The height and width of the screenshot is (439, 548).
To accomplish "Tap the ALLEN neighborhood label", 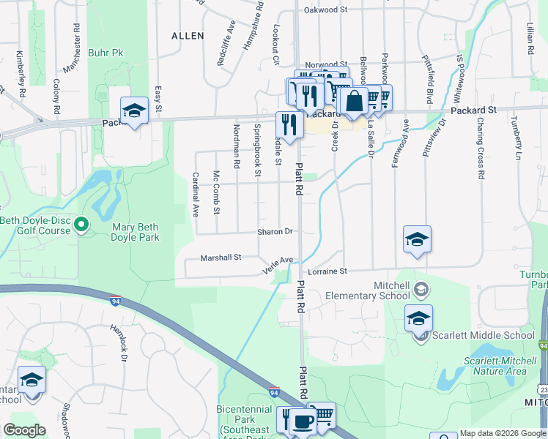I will [187, 35].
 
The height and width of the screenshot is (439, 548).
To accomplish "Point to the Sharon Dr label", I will [275, 232].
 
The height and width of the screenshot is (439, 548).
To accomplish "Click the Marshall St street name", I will [221, 258].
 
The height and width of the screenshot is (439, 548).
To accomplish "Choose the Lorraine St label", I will [338, 271].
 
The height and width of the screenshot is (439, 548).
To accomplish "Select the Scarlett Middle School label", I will [484, 336].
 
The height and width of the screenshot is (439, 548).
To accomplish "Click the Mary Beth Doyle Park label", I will [135, 232].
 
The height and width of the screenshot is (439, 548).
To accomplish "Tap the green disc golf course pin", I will [81, 225].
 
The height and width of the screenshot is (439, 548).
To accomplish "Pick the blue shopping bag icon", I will [354, 102].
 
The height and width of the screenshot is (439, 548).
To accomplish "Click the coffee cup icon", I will [303, 423].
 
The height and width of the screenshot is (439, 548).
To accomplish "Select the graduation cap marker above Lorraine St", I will [417, 239].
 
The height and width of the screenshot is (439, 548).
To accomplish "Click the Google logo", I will [24, 430].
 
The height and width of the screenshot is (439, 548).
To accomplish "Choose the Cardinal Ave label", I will [196, 195].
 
